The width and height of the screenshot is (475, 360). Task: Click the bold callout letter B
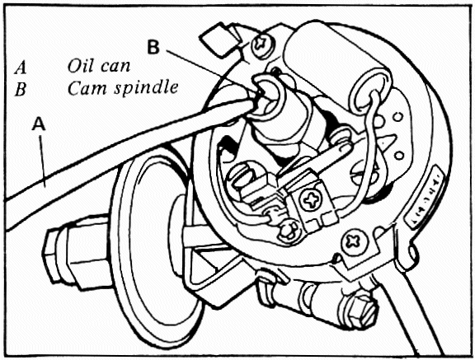coord(153,47)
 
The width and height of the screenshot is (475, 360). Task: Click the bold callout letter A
coord(39,124)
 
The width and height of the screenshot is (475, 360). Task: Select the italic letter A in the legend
coord(21,68)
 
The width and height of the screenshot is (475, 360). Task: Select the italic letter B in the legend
coord(21,90)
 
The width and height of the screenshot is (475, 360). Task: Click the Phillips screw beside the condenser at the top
coord(261,44)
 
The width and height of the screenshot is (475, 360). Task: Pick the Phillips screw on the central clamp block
coord(311,200)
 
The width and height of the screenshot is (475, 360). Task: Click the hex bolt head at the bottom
coord(364,311)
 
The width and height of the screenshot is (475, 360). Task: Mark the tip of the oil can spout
coord(256,102)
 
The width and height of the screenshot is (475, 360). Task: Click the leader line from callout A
coord(43,158)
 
